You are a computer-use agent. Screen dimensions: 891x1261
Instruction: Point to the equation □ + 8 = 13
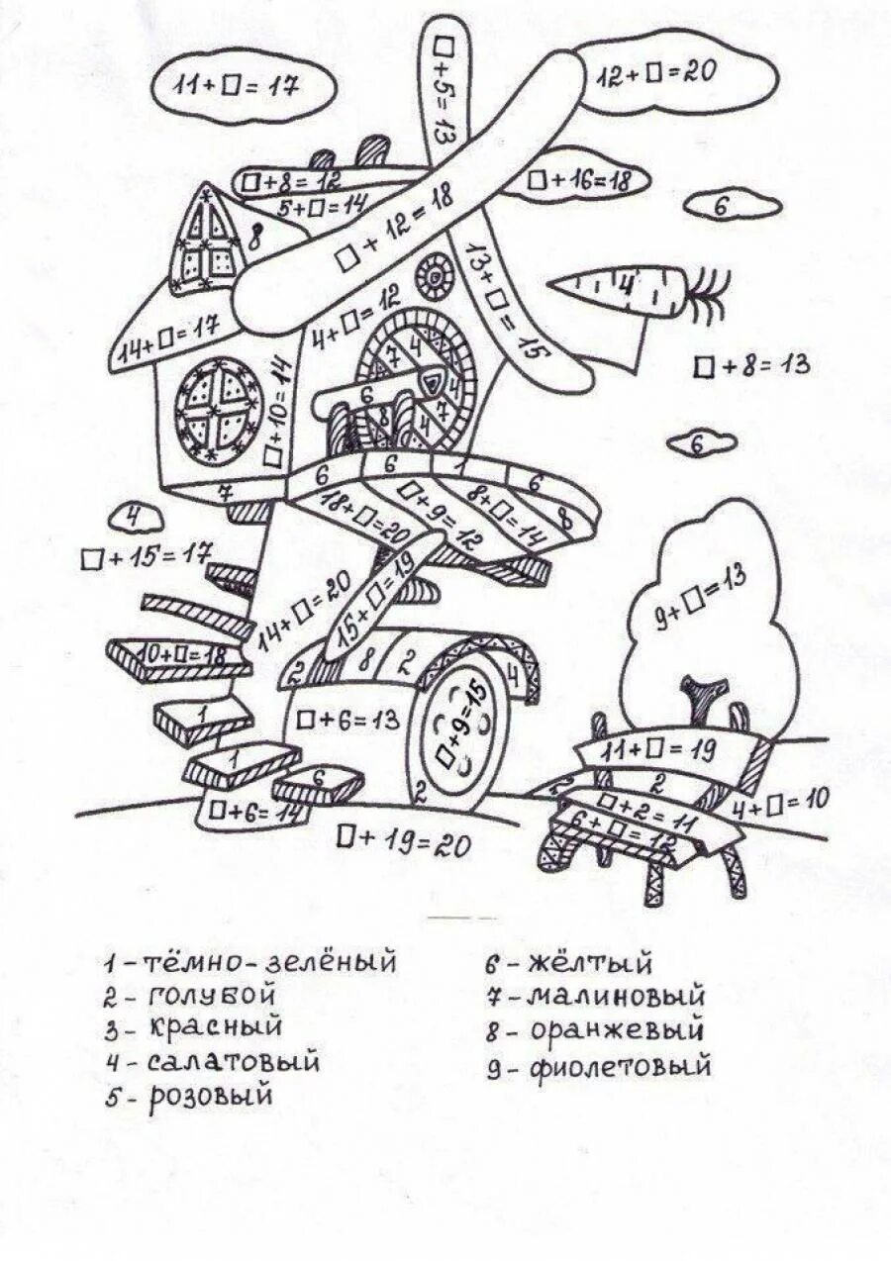click(x=751, y=365)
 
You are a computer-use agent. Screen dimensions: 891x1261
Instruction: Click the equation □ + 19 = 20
click(x=403, y=841)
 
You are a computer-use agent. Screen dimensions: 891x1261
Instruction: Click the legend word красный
click(x=215, y=1026)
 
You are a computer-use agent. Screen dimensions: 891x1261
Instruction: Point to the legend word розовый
click(x=211, y=1098)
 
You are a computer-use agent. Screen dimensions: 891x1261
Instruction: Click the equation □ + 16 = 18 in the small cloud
click(x=581, y=180)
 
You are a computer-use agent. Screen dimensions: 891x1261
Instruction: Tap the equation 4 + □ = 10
click(x=780, y=804)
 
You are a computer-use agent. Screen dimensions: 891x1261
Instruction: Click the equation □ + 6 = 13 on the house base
click(x=346, y=720)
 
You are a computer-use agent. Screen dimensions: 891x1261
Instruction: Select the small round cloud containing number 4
click(x=136, y=517)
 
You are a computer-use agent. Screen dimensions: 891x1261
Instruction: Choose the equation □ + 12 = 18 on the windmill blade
click(x=394, y=229)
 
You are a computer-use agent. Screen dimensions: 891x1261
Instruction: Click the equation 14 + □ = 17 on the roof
click(x=165, y=341)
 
